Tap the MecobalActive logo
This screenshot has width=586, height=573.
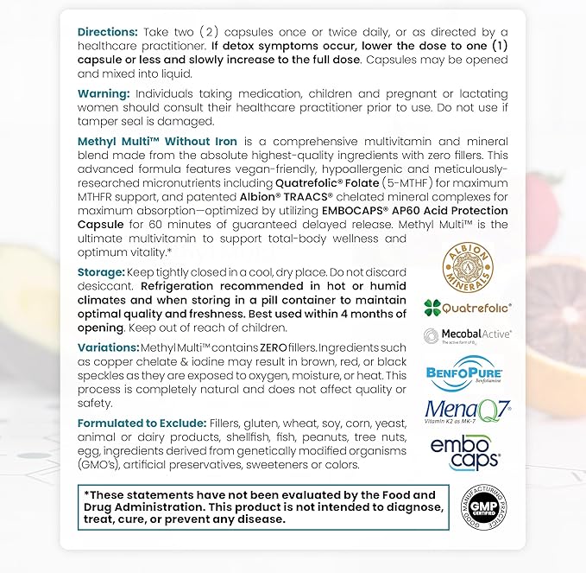468,336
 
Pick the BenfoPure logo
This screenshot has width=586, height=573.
465,373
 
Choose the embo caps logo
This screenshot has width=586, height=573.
465,452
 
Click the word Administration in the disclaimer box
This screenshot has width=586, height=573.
148,507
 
